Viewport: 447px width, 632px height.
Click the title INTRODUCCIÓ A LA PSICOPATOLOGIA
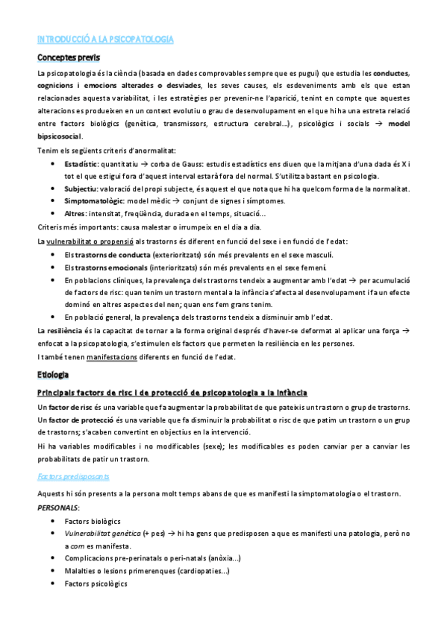(x=105, y=39)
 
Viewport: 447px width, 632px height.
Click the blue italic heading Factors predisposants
(x=73, y=475)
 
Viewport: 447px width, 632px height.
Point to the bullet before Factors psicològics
(x=51, y=584)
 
